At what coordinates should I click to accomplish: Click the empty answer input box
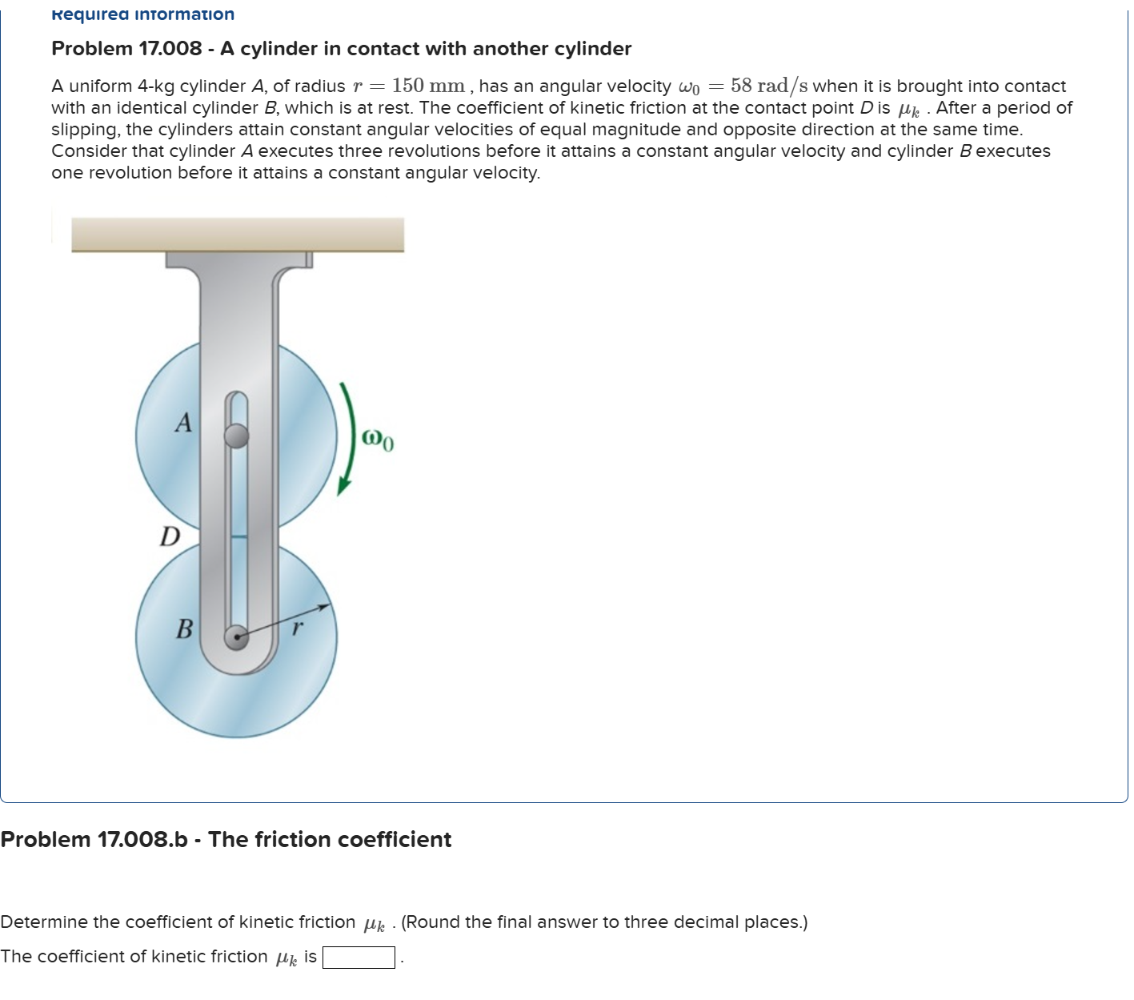pos(359,958)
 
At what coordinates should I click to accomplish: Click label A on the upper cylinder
pos(184,422)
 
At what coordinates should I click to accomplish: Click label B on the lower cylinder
pos(184,629)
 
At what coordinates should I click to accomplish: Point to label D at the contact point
pos(170,536)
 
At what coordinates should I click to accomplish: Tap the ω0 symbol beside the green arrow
pos(377,440)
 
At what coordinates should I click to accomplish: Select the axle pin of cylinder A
pos(236,436)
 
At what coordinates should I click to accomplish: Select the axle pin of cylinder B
pos(236,637)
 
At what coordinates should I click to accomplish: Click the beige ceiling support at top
pos(238,234)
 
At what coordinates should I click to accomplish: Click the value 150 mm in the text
pos(428,86)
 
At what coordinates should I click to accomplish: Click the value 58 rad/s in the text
pos(768,86)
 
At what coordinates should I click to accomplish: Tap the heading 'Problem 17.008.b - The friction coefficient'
pos(226,839)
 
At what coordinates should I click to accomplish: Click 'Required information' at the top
pos(142,14)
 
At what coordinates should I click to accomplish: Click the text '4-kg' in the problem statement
pos(155,86)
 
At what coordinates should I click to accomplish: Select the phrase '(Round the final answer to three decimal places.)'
pos(604,922)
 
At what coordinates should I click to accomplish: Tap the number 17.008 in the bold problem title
pos(170,49)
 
